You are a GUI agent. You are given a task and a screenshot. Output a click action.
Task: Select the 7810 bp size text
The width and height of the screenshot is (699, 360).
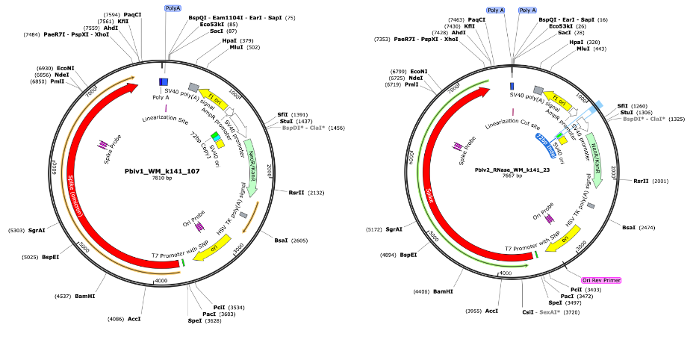pos(162,179)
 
